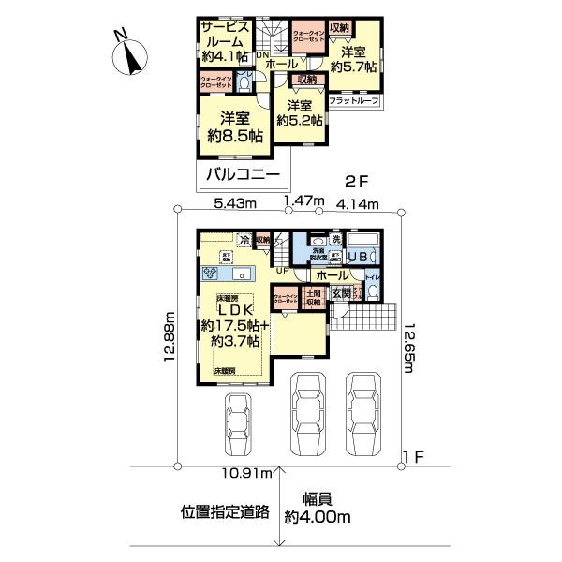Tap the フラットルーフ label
[353, 99]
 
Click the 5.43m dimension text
[233, 202]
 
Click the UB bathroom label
[358, 256]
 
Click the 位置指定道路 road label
[226, 512]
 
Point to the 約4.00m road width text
[319, 516]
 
